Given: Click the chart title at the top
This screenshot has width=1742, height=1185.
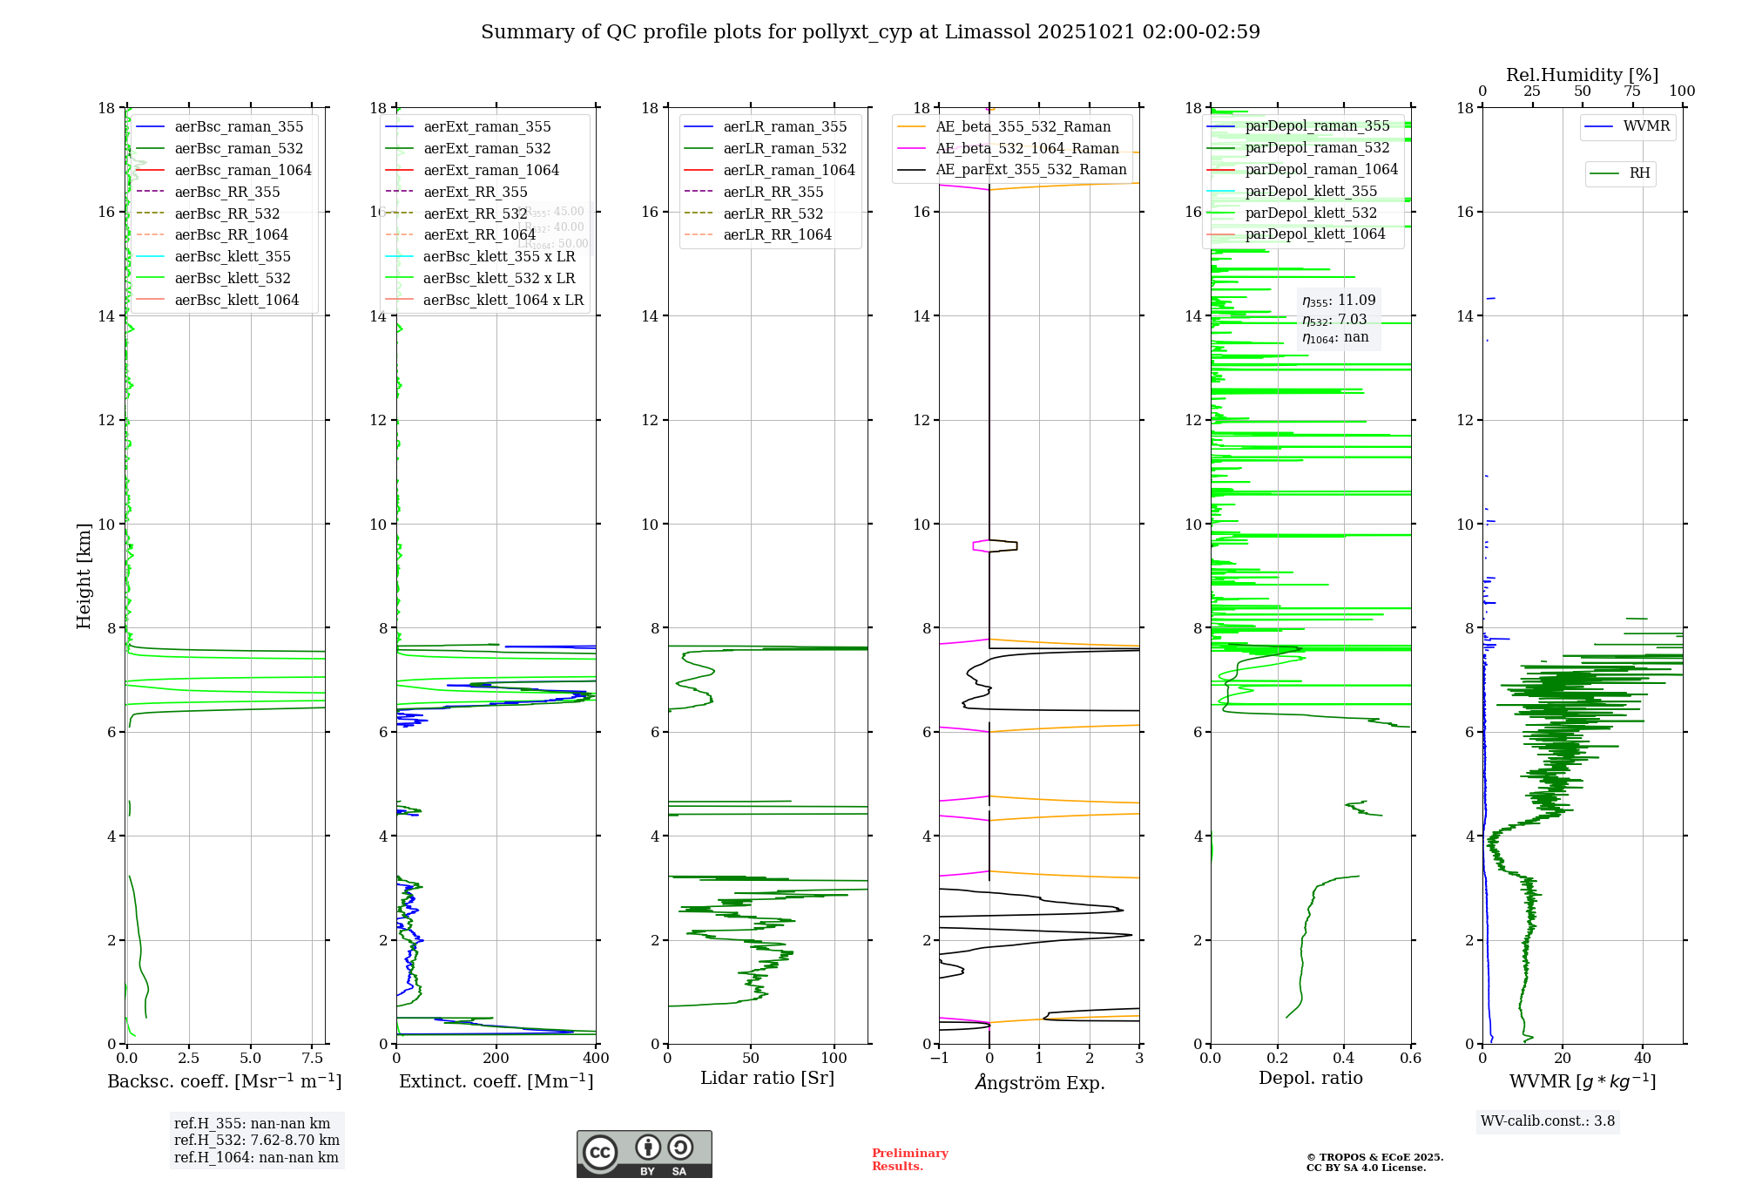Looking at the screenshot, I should (x=870, y=32).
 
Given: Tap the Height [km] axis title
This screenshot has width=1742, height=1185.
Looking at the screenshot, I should (x=84, y=575).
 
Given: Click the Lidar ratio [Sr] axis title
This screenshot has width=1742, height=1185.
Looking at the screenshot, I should (x=767, y=1078).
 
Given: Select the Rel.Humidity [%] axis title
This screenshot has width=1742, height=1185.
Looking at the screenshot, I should (x=1582, y=75).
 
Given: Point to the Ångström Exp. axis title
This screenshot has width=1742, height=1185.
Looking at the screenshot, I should (x=1039, y=1082).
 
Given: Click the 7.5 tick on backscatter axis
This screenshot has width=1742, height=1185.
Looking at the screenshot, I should (x=313, y=1058).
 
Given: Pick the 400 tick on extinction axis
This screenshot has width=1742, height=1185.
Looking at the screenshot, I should (x=596, y=1058).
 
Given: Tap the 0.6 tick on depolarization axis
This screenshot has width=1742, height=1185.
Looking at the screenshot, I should (x=1410, y=1058).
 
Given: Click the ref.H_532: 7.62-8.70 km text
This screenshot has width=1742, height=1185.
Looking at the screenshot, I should (x=257, y=1141).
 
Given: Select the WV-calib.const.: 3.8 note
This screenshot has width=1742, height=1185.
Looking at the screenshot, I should (x=1548, y=1121).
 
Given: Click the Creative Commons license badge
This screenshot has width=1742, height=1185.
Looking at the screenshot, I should (x=644, y=1155).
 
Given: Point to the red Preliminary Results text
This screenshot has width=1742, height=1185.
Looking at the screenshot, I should (x=909, y=1160).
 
